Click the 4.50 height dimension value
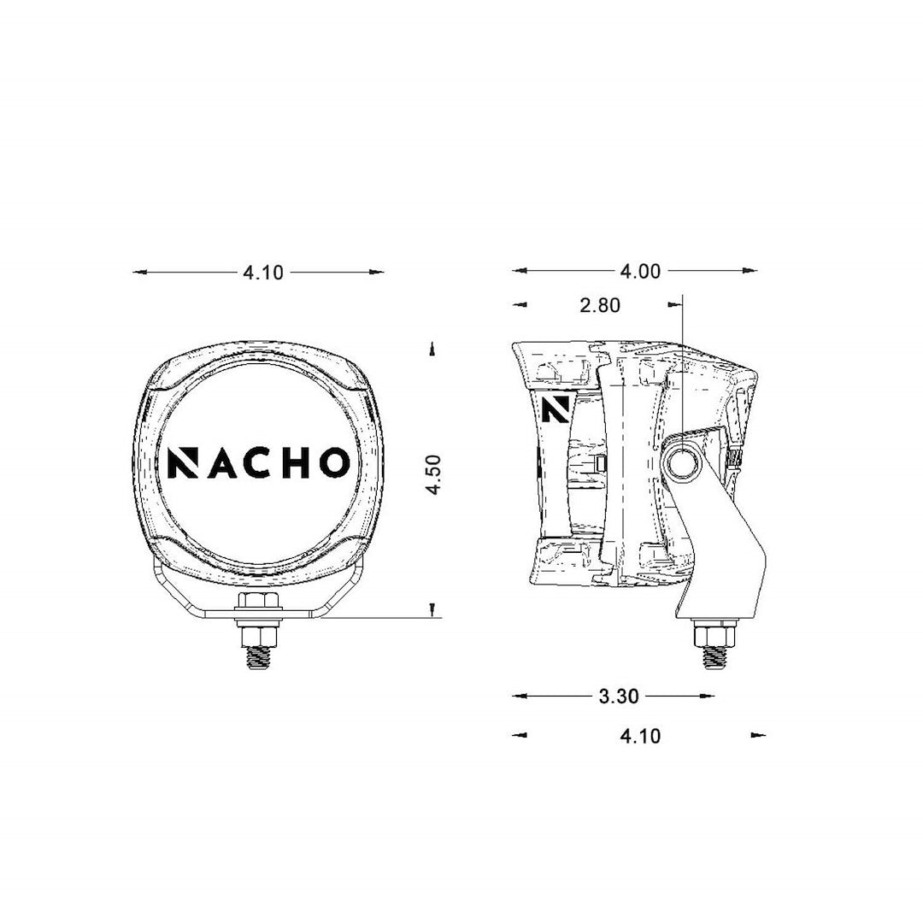434,475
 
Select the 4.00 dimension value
640,272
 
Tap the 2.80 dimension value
599,305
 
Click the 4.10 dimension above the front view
262,273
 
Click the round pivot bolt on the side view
683,462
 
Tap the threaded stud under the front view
259,659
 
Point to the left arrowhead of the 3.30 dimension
517,697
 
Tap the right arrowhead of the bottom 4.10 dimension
759,734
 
